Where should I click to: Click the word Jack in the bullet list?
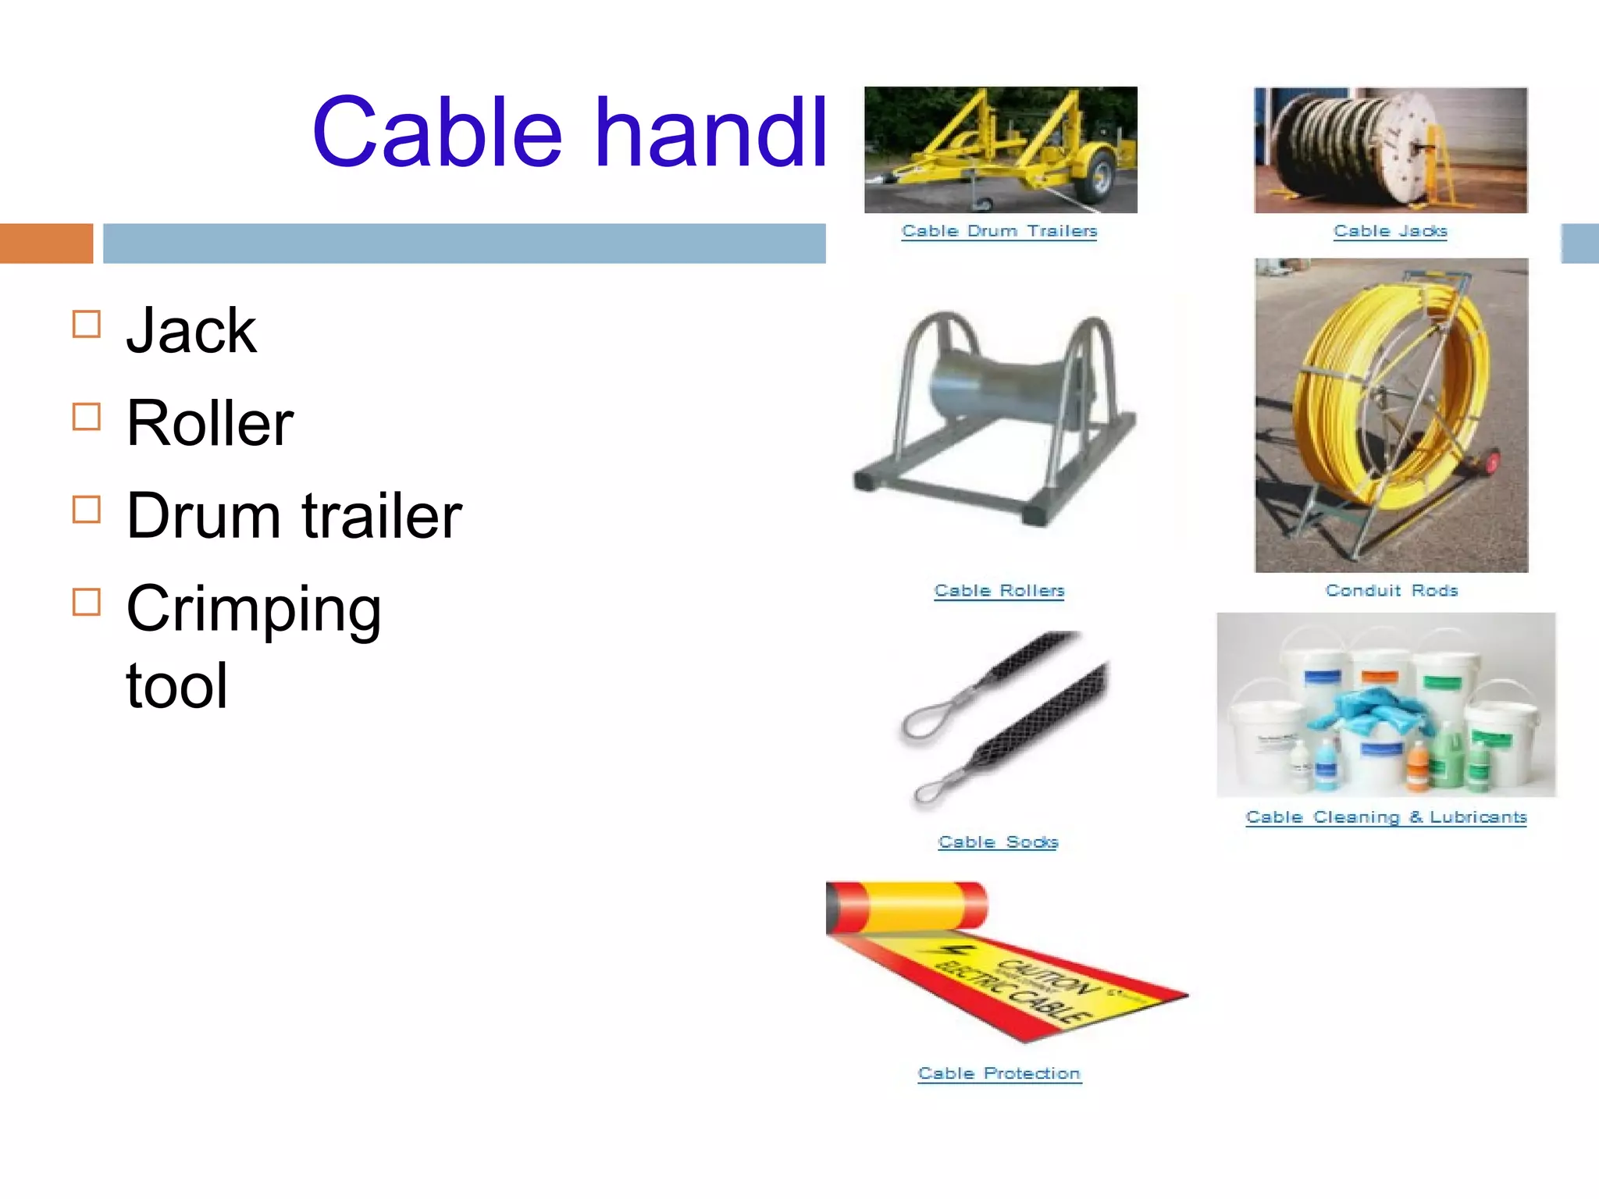pyautogui.click(x=191, y=331)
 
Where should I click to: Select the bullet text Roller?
pyautogui.click(x=210, y=423)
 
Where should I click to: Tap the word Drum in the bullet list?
pyautogui.click(x=203, y=516)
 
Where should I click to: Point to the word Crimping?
pyautogui.click(x=254, y=609)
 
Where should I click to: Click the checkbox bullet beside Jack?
pyautogui.click(x=87, y=324)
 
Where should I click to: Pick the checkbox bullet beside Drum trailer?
pyautogui.click(x=87, y=510)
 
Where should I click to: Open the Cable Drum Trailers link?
pyautogui.click(x=999, y=231)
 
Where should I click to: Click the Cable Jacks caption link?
pyautogui.click(x=1390, y=231)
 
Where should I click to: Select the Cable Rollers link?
pyautogui.click(x=999, y=591)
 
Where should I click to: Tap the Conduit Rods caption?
pyautogui.click(x=1391, y=591)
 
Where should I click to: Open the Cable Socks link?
pyautogui.click(x=998, y=842)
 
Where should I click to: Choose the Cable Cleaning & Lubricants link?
pyautogui.click(x=1386, y=817)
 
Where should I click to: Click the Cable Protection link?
pyautogui.click(x=999, y=1074)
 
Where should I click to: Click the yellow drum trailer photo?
pyautogui.click(x=1000, y=149)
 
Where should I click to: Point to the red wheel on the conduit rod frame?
pyautogui.click(x=1492, y=462)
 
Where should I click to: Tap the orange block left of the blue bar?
pyautogui.click(x=46, y=244)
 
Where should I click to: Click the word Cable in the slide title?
pyautogui.click(x=436, y=133)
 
